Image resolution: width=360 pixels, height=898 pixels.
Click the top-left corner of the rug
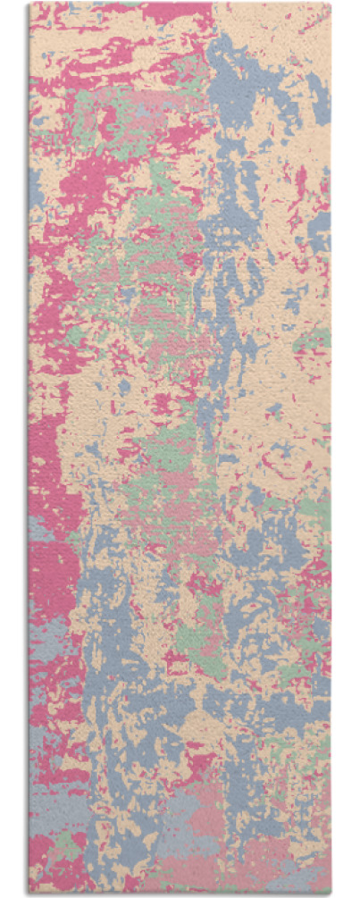(x=29, y=4)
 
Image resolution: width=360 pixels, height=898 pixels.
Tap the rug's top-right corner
(x=331, y=4)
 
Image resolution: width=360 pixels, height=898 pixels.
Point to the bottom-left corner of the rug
(x=29, y=894)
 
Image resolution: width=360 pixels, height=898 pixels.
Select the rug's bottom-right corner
(x=331, y=894)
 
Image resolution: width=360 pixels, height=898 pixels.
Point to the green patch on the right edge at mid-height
(x=317, y=344)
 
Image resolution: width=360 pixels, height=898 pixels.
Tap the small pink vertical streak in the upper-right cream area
(x=301, y=183)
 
